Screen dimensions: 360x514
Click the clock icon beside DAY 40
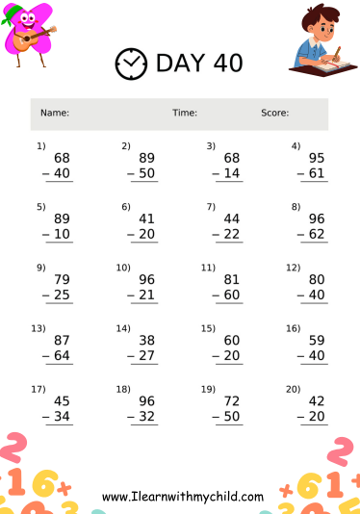point(129,64)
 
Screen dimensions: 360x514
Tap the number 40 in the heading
point(223,64)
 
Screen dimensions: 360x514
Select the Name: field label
point(55,114)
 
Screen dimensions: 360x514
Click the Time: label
point(185,114)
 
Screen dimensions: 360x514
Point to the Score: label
point(274,114)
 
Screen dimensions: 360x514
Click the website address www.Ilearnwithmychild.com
point(183,497)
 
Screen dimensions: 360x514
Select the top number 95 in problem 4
point(317,157)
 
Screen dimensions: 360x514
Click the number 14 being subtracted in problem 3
point(232,173)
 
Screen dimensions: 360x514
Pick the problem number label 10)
point(123,267)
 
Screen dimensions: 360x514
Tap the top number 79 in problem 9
point(62,279)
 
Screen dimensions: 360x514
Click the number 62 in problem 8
point(317,234)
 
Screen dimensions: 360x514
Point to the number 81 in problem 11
point(232,279)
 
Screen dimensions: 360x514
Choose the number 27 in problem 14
point(147,356)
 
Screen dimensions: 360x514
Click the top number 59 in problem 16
point(317,340)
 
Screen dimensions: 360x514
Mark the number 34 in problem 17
point(62,417)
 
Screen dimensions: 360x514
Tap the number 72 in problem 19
point(232,400)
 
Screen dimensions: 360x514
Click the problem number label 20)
point(293,389)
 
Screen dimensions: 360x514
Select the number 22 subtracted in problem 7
point(232,234)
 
